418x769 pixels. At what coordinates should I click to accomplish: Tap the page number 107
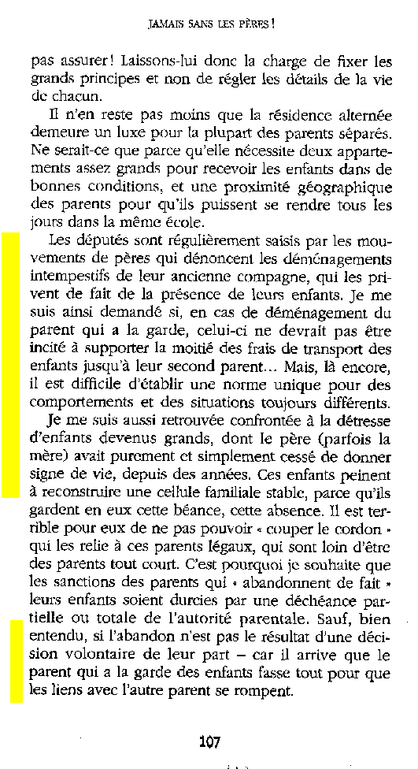pos(209,741)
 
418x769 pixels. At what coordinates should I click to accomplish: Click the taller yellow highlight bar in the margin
pos(9,365)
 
